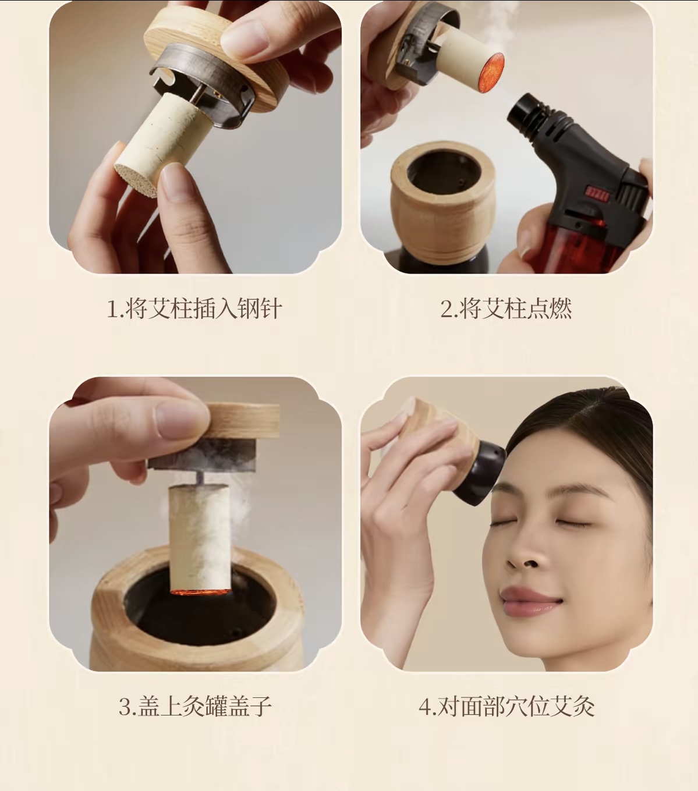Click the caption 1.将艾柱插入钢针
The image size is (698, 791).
coord(194,308)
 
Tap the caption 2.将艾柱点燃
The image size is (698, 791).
coord(506,308)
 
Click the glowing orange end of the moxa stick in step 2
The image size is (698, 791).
coord(491,72)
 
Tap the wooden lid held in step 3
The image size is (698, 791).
coord(242,421)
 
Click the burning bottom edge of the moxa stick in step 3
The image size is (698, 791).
coord(200,592)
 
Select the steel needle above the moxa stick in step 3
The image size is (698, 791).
coord(201,478)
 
